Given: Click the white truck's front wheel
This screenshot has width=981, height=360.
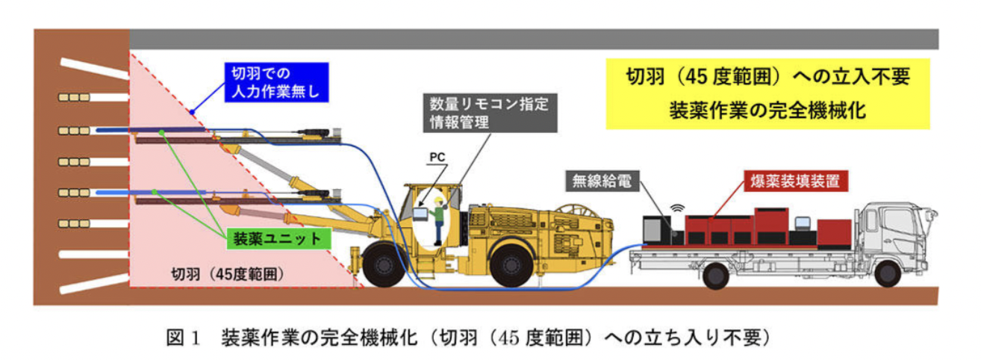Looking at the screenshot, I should click(887, 273).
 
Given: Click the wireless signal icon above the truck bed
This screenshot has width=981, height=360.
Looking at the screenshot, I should click(679, 205).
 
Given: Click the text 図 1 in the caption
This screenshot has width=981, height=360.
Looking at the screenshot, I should click(184, 338).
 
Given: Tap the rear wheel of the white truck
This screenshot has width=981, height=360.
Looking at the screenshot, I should click(715, 276).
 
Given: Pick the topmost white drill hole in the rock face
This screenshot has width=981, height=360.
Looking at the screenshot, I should click(83, 68).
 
